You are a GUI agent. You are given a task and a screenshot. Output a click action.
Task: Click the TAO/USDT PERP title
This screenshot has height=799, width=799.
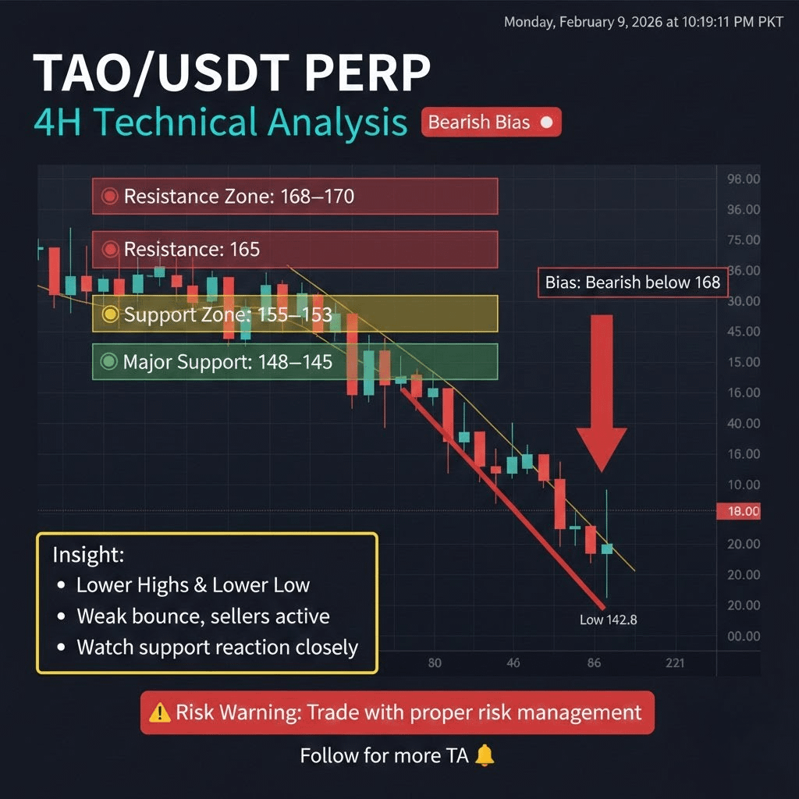click(x=232, y=73)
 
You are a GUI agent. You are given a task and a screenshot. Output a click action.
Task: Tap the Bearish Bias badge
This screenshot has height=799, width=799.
click(x=492, y=123)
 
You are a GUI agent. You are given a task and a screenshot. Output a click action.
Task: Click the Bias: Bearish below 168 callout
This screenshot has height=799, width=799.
click(x=633, y=282)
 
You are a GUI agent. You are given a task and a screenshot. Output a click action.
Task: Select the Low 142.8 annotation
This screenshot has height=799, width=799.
click(x=609, y=620)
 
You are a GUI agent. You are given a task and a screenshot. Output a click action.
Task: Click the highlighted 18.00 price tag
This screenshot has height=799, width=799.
click(x=738, y=511)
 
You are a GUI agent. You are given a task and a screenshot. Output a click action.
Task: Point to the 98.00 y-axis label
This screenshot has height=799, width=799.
click(x=744, y=179)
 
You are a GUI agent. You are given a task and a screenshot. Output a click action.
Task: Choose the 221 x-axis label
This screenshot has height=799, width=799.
click(x=675, y=663)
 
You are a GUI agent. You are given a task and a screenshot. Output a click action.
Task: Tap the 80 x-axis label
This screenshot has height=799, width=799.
click(x=435, y=663)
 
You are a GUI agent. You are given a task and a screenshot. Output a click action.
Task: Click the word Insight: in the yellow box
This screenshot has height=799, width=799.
click(x=89, y=555)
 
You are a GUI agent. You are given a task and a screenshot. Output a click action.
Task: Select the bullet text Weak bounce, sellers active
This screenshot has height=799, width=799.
click(x=204, y=616)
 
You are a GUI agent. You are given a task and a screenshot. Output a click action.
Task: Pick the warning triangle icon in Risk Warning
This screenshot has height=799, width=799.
click(x=159, y=712)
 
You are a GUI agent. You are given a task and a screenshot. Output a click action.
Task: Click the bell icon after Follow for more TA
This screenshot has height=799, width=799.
click(x=485, y=755)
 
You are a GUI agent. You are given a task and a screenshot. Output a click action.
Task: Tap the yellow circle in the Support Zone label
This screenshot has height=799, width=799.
click(x=109, y=314)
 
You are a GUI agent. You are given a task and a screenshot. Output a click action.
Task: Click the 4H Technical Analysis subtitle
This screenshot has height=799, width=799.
click(x=221, y=123)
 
